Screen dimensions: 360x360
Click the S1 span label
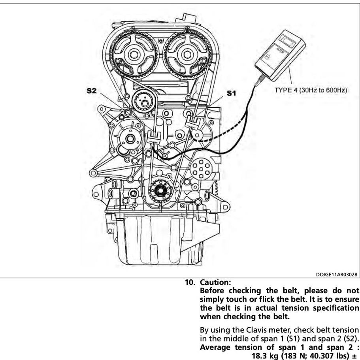(231, 93)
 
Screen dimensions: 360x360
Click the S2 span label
(91, 91)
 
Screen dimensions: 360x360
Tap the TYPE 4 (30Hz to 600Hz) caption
(311, 90)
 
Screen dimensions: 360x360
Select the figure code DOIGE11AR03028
(336, 275)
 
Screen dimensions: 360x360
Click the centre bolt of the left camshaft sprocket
(133, 55)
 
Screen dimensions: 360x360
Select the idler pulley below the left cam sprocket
(144, 102)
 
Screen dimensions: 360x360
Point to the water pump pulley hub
(130, 139)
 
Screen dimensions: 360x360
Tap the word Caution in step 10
(215, 282)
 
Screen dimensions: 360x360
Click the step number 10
(190, 282)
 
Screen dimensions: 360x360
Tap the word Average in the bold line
(215, 347)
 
